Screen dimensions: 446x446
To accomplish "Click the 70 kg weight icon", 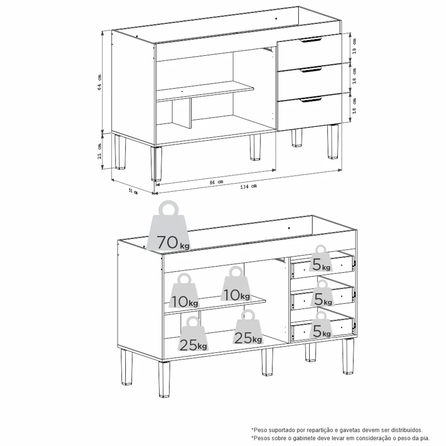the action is (x=170, y=228).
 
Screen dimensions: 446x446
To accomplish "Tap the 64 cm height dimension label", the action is (x=100, y=82).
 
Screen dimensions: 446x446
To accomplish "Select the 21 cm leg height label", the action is (x=100, y=151).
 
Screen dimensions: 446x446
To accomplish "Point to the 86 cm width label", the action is (x=216, y=182).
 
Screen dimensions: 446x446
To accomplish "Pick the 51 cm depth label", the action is (x=133, y=191).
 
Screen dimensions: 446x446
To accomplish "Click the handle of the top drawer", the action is (x=310, y=40).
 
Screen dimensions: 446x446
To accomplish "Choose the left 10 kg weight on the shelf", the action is (x=184, y=291).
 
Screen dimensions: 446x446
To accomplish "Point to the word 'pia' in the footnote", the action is (x=425, y=438).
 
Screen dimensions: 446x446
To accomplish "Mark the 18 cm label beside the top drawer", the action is (x=354, y=46).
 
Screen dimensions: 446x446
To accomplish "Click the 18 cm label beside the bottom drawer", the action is (x=354, y=106).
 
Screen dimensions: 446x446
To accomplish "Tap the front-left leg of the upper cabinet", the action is (x=156, y=164).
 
